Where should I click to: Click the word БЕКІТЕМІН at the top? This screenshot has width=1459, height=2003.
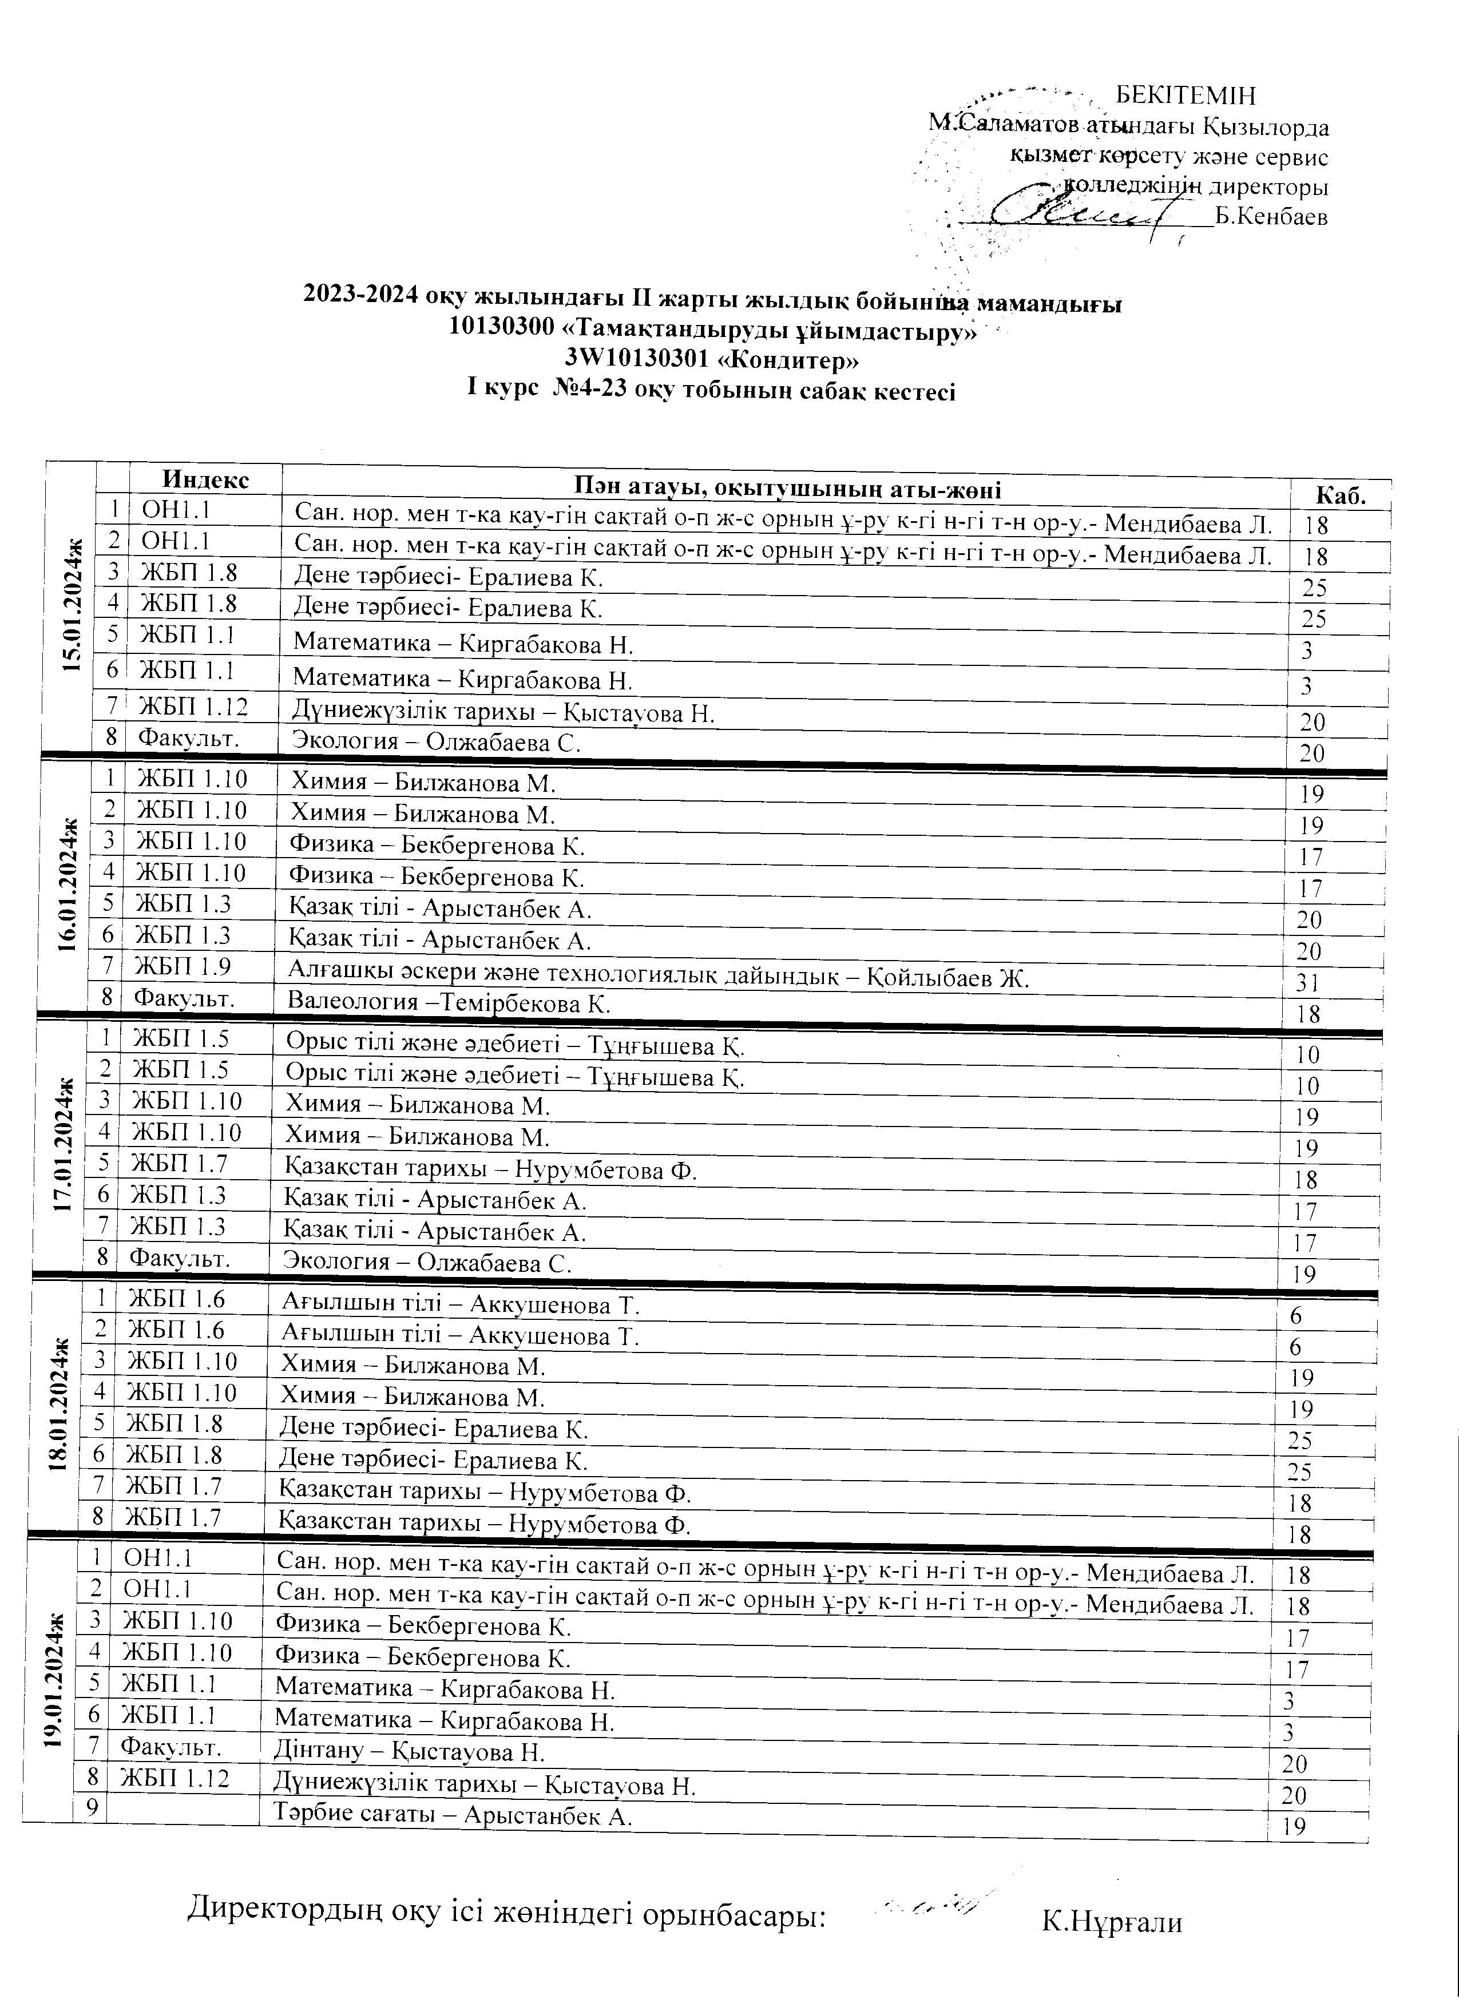click(x=1185, y=96)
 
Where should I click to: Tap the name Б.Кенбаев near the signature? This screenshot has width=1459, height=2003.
click(x=1271, y=216)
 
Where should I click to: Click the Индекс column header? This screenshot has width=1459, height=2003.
click(x=206, y=479)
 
